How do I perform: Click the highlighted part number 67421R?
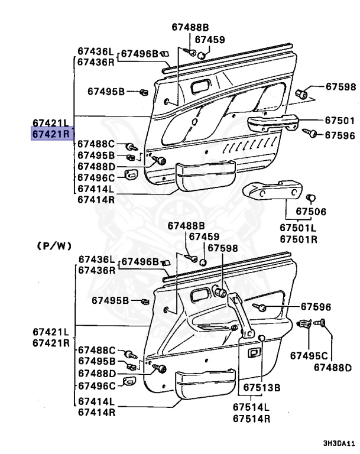click(51, 134)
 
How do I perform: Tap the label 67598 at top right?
click(340, 87)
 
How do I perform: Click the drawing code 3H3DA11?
click(338, 442)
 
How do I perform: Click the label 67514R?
click(251, 419)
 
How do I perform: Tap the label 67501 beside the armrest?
click(340, 120)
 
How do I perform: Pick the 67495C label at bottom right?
click(308, 355)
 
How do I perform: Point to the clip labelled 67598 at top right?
click(302, 93)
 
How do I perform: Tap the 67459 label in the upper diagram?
click(210, 40)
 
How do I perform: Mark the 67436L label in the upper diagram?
click(96, 51)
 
